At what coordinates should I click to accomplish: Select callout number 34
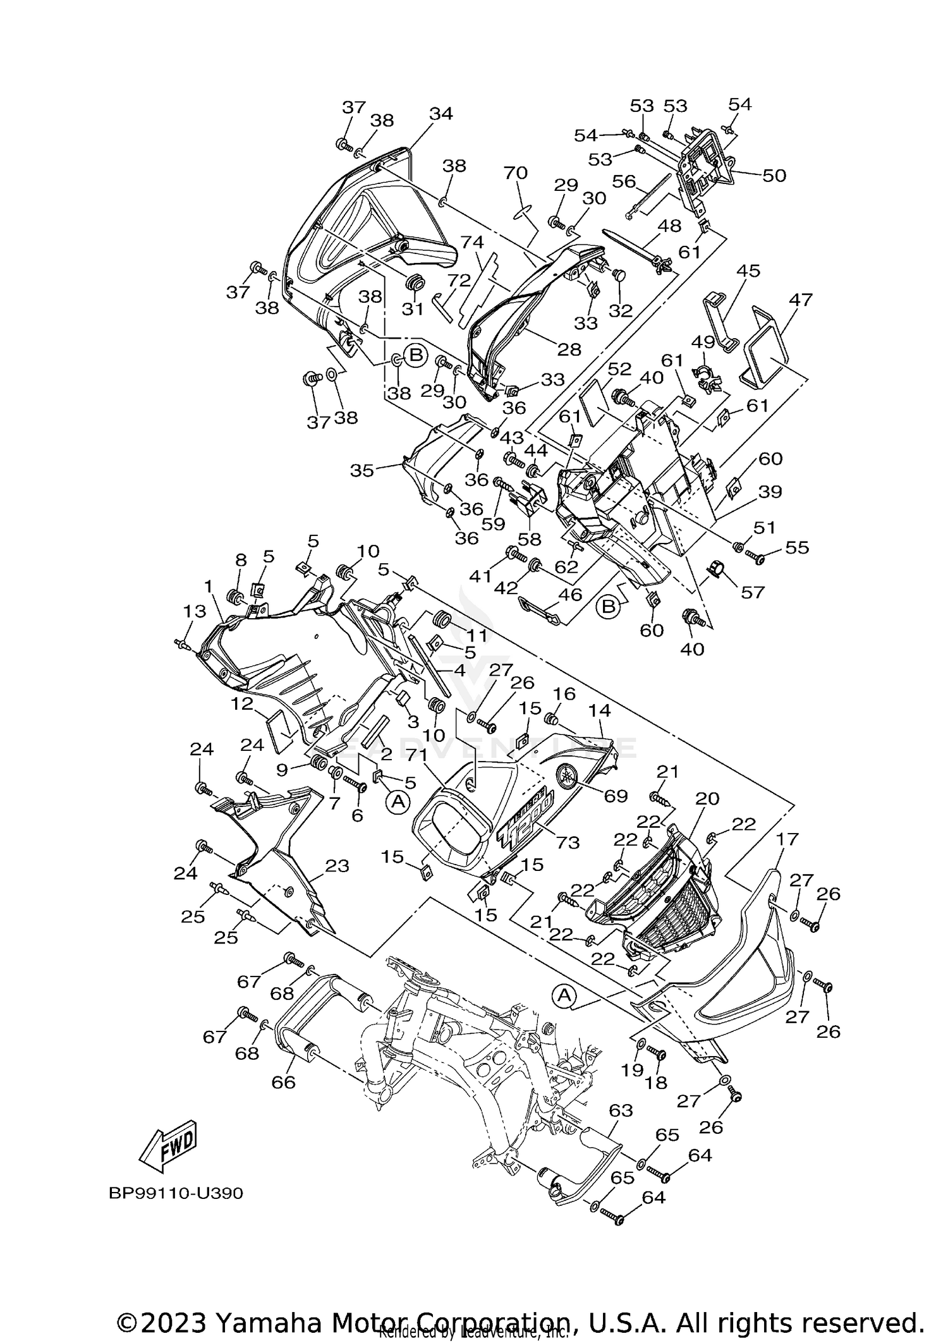(x=441, y=114)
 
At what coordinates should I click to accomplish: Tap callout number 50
(x=774, y=175)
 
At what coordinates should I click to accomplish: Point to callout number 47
(x=800, y=299)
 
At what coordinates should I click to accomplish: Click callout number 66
(x=283, y=1082)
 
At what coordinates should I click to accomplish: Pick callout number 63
(x=621, y=1110)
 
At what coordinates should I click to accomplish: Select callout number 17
(x=788, y=839)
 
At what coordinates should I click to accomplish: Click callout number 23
(x=336, y=866)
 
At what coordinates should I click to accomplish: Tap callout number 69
(x=616, y=796)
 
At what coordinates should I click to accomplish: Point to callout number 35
(x=362, y=470)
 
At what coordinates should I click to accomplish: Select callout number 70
(x=516, y=172)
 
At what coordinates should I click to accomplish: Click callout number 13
(x=195, y=611)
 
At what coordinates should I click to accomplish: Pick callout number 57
(x=753, y=592)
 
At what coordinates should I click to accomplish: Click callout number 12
(x=241, y=703)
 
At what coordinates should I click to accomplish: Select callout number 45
(x=748, y=270)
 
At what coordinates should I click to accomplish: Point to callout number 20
(x=707, y=799)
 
